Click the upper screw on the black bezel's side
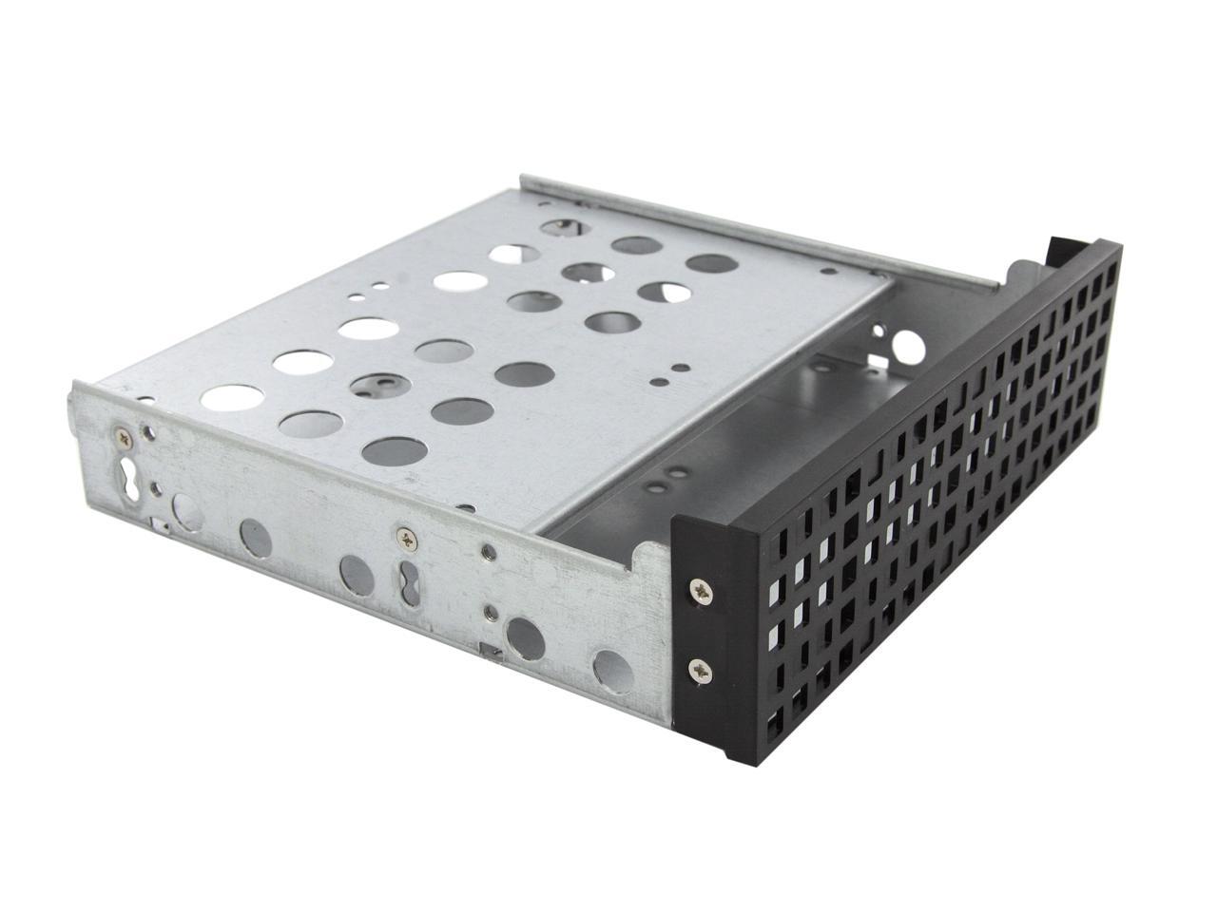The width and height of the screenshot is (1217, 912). click(702, 591)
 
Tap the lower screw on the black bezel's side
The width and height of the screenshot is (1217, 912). click(701, 670)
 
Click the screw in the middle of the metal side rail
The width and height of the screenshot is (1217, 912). click(407, 539)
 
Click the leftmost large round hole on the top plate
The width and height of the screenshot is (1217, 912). click(227, 398)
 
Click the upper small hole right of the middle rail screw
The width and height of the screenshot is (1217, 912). click(487, 548)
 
